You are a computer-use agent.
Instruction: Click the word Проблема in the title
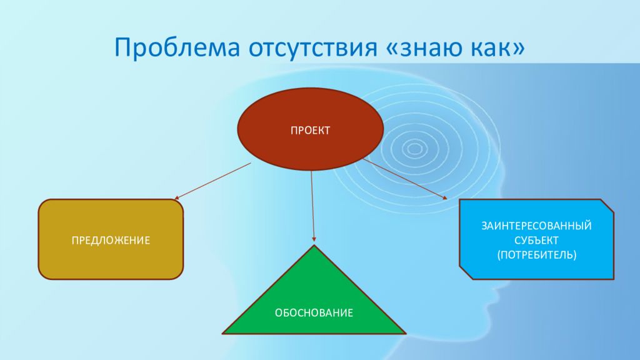pos(177,47)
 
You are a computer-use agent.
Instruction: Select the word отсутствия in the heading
pos(312,47)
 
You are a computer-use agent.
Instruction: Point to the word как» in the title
pos(498,47)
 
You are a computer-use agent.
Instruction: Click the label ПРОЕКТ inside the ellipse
pos(310,131)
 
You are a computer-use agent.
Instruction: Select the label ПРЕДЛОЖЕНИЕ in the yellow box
pos(111,241)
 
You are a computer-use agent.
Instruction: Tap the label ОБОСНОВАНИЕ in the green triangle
pos(314,313)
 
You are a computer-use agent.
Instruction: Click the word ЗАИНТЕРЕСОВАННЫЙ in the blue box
pos(536,225)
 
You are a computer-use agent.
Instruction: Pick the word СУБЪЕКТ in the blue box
pos(536,240)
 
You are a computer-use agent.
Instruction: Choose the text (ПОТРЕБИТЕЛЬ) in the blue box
pos(536,255)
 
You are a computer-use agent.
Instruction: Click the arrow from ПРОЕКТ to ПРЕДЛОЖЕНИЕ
pos(212,181)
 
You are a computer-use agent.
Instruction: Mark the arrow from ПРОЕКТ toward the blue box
pos(405,179)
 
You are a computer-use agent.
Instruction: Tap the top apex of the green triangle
pos(314,245)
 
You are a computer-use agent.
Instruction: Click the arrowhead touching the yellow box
pos(176,198)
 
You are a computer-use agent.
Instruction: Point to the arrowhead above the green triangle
pos(314,239)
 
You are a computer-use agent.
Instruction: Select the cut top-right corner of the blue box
pos(607,205)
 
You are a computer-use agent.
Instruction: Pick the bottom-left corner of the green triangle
pos(222,334)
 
